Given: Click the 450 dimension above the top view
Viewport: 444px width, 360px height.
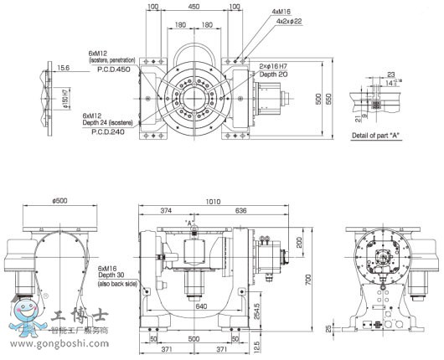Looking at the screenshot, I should click(x=194, y=7).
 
